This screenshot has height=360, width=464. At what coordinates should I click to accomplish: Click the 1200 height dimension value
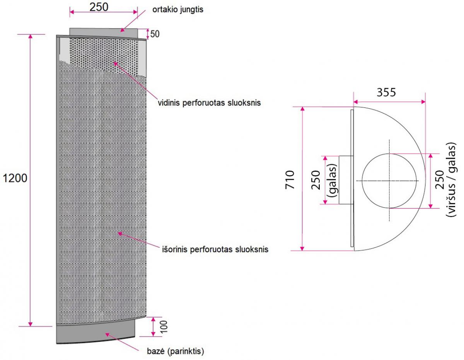(x=15, y=178)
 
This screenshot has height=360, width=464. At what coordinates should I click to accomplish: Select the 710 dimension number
(x=290, y=179)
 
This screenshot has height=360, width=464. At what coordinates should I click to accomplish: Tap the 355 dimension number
(x=386, y=92)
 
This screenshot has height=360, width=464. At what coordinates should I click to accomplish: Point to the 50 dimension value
(x=155, y=34)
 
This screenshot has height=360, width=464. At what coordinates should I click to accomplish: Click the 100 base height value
(x=164, y=327)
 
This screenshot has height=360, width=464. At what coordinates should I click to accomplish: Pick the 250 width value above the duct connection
(x=99, y=7)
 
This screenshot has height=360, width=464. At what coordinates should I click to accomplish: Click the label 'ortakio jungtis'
(x=177, y=10)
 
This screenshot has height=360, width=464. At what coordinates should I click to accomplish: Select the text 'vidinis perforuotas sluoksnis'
(x=209, y=103)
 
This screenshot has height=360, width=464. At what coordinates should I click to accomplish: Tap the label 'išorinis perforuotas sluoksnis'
(x=215, y=249)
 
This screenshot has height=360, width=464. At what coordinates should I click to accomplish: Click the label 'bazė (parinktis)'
(x=175, y=351)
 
